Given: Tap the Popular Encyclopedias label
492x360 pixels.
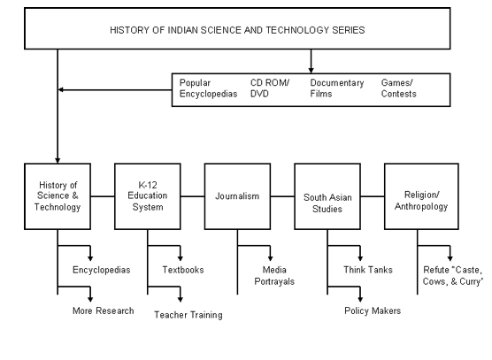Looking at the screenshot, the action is [208, 88].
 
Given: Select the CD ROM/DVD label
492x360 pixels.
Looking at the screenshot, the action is [270, 88].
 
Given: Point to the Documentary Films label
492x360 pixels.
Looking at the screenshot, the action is [337, 88].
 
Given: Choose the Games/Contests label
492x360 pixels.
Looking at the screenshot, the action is [398, 88].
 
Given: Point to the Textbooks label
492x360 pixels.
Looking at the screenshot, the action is [183, 270].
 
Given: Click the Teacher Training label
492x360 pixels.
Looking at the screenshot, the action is [188, 315].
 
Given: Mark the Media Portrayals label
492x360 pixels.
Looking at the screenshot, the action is [274, 276].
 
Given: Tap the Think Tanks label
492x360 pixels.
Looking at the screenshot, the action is [368, 270].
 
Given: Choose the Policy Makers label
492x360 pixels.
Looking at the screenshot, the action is [373, 310].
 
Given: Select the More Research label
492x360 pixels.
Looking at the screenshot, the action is [104, 310].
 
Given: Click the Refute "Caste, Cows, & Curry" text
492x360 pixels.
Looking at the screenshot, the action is [453, 276].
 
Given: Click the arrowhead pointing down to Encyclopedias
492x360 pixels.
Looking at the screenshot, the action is [90, 258].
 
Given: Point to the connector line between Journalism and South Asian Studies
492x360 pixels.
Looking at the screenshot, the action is [282, 196].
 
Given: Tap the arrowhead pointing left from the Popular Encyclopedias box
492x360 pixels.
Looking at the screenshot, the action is [61, 89].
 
